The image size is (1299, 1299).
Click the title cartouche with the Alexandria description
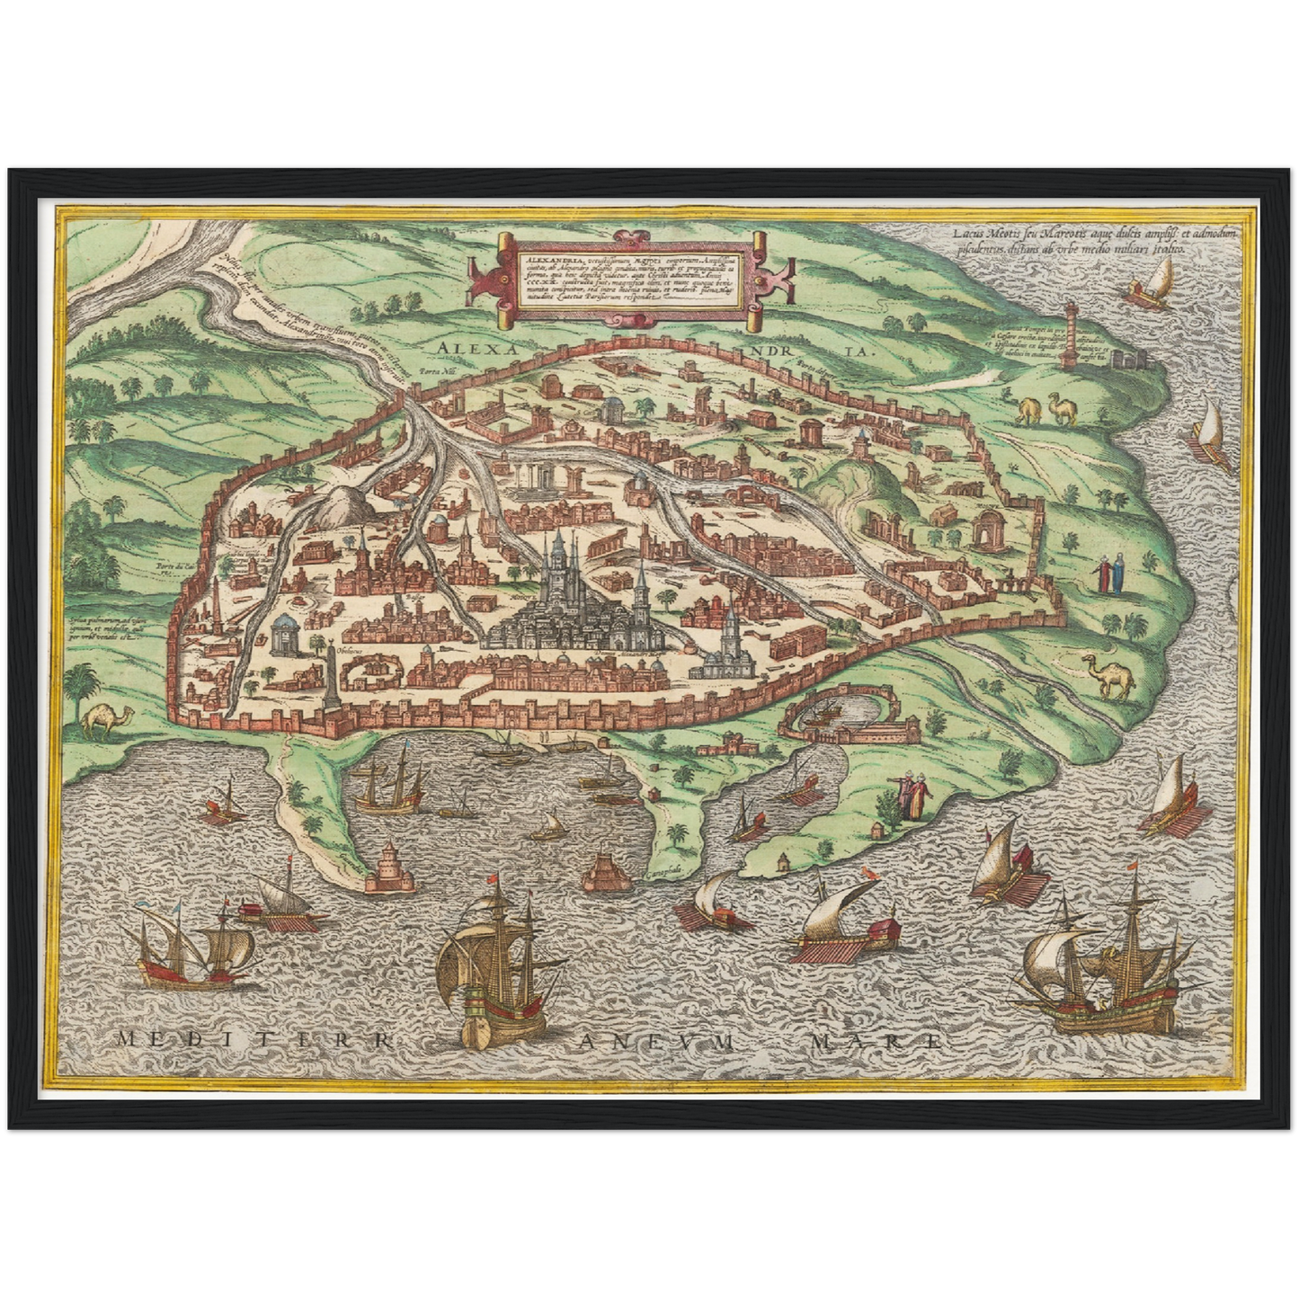(x=628, y=280)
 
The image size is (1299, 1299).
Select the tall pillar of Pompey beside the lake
(x=1069, y=336)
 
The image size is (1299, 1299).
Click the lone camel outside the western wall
(x=108, y=718)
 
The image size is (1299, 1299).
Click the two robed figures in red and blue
(x=1108, y=574)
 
